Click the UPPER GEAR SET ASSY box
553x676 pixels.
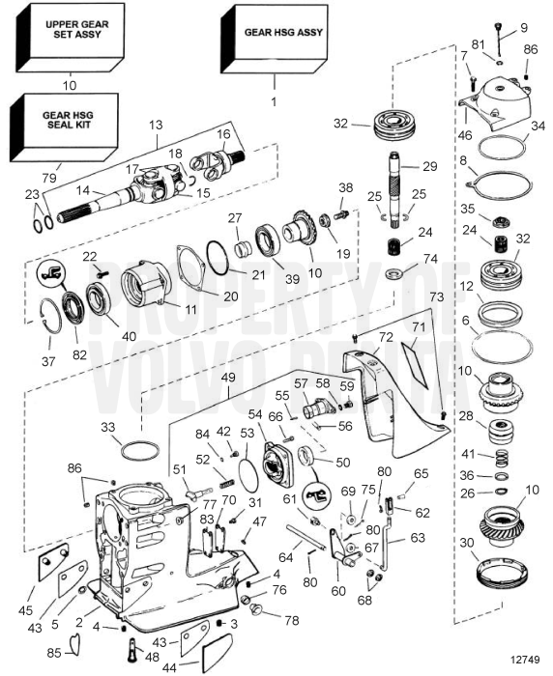point(71,37)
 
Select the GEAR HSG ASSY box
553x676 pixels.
point(274,39)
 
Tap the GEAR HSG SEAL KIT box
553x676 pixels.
point(65,127)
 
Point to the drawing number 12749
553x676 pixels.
point(525,660)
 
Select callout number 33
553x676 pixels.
point(108,427)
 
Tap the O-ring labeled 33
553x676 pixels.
point(140,451)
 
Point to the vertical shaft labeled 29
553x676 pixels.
point(395,189)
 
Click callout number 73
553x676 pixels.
point(436,297)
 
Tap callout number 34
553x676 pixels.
point(538,127)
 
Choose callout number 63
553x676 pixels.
point(418,538)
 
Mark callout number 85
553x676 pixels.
point(54,654)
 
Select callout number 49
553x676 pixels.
point(228,378)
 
